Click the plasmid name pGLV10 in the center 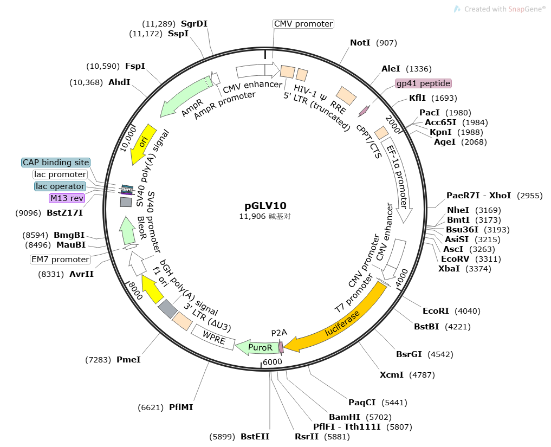[265, 206]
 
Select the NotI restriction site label [360, 43]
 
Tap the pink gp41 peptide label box [423, 83]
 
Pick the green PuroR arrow [257, 347]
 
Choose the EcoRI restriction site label [436, 311]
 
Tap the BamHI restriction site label [345, 417]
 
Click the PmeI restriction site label [128, 359]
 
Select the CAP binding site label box [56, 163]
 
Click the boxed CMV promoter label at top [303, 24]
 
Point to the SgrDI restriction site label [194, 24]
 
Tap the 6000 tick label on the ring [273, 362]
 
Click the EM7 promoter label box [60, 260]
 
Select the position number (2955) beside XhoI [529, 196]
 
